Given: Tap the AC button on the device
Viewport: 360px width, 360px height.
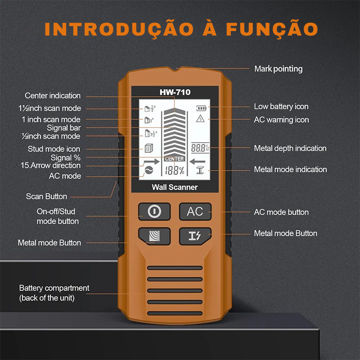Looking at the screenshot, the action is [195, 211].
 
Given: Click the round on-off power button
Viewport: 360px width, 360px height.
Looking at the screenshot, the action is [154, 211].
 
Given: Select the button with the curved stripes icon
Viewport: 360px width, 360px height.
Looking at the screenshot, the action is [154, 236].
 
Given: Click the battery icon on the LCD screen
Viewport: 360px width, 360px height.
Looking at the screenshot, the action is [201, 108].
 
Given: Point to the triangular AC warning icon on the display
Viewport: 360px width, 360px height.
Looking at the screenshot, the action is [200, 118].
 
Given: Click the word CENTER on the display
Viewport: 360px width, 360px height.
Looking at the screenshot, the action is [175, 159].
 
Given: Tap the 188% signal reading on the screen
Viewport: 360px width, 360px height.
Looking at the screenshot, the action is [175, 171].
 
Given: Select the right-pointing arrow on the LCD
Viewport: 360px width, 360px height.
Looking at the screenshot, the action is [152, 162].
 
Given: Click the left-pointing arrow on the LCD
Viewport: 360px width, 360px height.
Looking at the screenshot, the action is [198, 162].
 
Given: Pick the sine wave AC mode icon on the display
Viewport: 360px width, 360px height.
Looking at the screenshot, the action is [149, 171].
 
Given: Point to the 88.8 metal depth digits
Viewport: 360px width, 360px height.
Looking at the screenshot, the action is [198, 148].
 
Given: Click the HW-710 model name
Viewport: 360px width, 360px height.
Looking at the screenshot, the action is [175, 92].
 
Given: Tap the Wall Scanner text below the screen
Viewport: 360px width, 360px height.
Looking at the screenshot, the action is [175, 187].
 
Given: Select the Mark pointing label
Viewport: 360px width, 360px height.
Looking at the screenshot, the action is [279, 69].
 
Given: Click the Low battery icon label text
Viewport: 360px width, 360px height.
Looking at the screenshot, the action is [281, 107].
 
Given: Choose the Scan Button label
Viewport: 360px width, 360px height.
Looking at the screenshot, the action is [46, 197].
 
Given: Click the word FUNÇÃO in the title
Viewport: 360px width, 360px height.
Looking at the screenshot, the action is [272, 29].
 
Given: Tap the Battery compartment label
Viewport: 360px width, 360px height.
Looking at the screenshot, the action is [54, 293].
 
